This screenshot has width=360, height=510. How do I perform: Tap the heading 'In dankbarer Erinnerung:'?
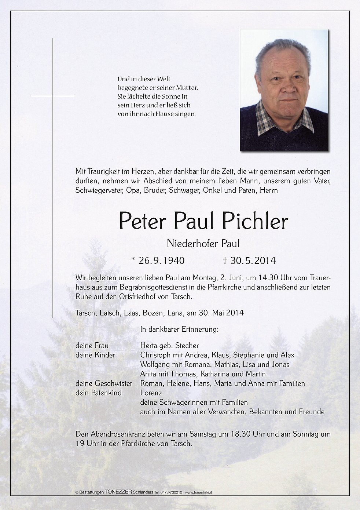pos(179,329)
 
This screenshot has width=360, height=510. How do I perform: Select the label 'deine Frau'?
pos(92,346)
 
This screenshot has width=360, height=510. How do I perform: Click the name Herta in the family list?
pos(149,346)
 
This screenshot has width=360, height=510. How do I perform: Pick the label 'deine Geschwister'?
pos(104,383)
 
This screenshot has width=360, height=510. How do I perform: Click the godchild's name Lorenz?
pos(151,393)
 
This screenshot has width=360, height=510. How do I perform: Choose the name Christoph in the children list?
pos(155,355)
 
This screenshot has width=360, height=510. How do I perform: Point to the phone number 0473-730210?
pos(171,492)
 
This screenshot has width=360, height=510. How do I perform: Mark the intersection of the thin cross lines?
pos(53,96)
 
